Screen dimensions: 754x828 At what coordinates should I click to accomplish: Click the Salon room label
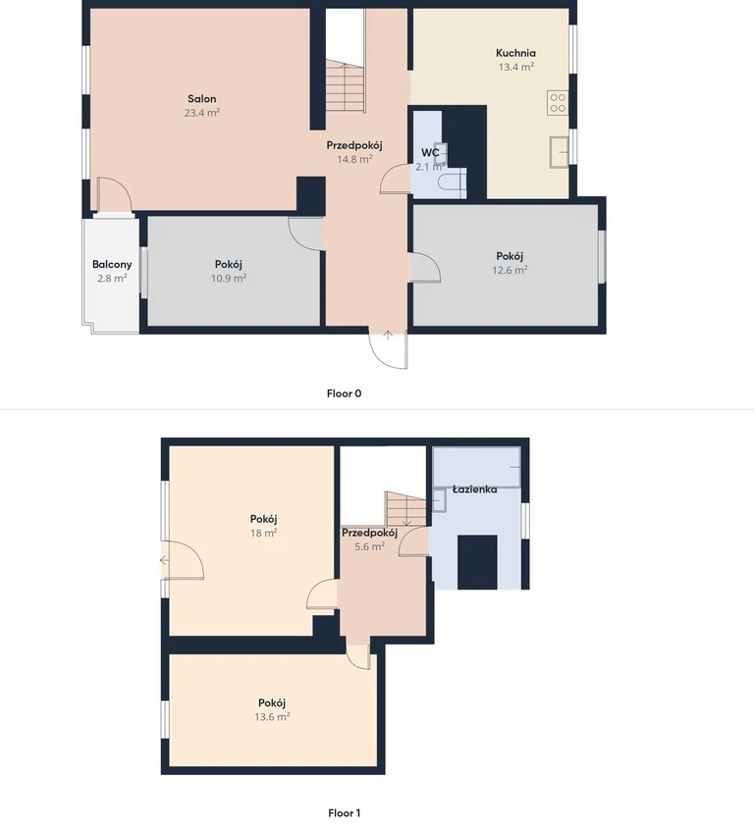(x=202, y=99)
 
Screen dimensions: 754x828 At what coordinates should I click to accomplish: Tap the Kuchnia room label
(x=515, y=53)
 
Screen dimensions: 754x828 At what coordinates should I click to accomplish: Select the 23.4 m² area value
(x=202, y=113)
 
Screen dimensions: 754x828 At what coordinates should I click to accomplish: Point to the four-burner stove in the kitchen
(x=558, y=102)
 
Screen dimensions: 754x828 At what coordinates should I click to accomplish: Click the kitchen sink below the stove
(x=559, y=151)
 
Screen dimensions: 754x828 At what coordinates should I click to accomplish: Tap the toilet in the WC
(x=453, y=181)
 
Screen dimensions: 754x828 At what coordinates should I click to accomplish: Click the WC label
(x=430, y=153)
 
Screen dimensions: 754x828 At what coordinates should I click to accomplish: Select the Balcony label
(x=112, y=265)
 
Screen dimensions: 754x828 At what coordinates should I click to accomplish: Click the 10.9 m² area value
(x=229, y=279)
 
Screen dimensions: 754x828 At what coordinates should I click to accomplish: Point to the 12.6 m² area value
(x=510, y=270)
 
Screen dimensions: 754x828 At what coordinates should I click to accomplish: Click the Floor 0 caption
(x=344, y=393)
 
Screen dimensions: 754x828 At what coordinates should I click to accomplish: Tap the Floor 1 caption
(x=344, y=813)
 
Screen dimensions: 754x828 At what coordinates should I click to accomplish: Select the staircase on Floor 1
(x=405, y=508)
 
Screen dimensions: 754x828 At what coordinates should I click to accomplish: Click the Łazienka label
(x=474, y=490)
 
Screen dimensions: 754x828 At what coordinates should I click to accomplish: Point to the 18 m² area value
(x=264, y=533)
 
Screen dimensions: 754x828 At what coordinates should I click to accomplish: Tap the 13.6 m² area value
(x=272, y=716)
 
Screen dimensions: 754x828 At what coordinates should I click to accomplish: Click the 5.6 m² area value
(x=369, y=546)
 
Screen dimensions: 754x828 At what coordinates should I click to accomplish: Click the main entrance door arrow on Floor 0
(x=388, y=335)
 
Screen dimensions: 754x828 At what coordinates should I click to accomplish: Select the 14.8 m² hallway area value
(x=354, y=159)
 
